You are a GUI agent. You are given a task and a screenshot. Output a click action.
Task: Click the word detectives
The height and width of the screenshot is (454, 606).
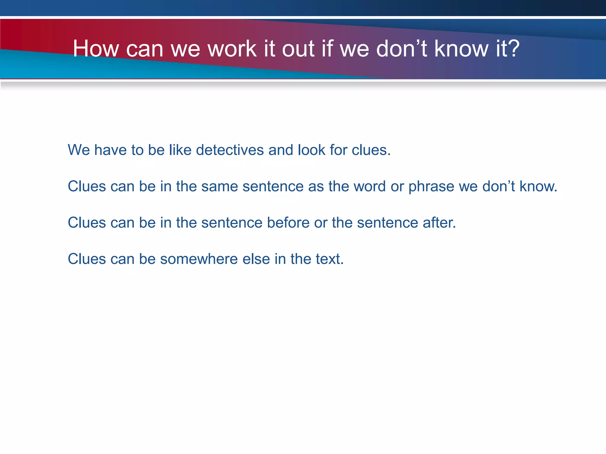click(230, 150)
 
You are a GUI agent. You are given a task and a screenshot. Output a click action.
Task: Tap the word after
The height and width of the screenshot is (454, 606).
click(439, 223)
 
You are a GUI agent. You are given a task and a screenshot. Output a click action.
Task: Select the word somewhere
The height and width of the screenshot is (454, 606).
click(199, 259)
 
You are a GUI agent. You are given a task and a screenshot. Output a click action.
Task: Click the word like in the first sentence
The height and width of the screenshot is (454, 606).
click(180, 150)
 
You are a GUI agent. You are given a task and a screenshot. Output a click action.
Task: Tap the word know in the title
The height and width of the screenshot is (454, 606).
click(461, 49)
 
